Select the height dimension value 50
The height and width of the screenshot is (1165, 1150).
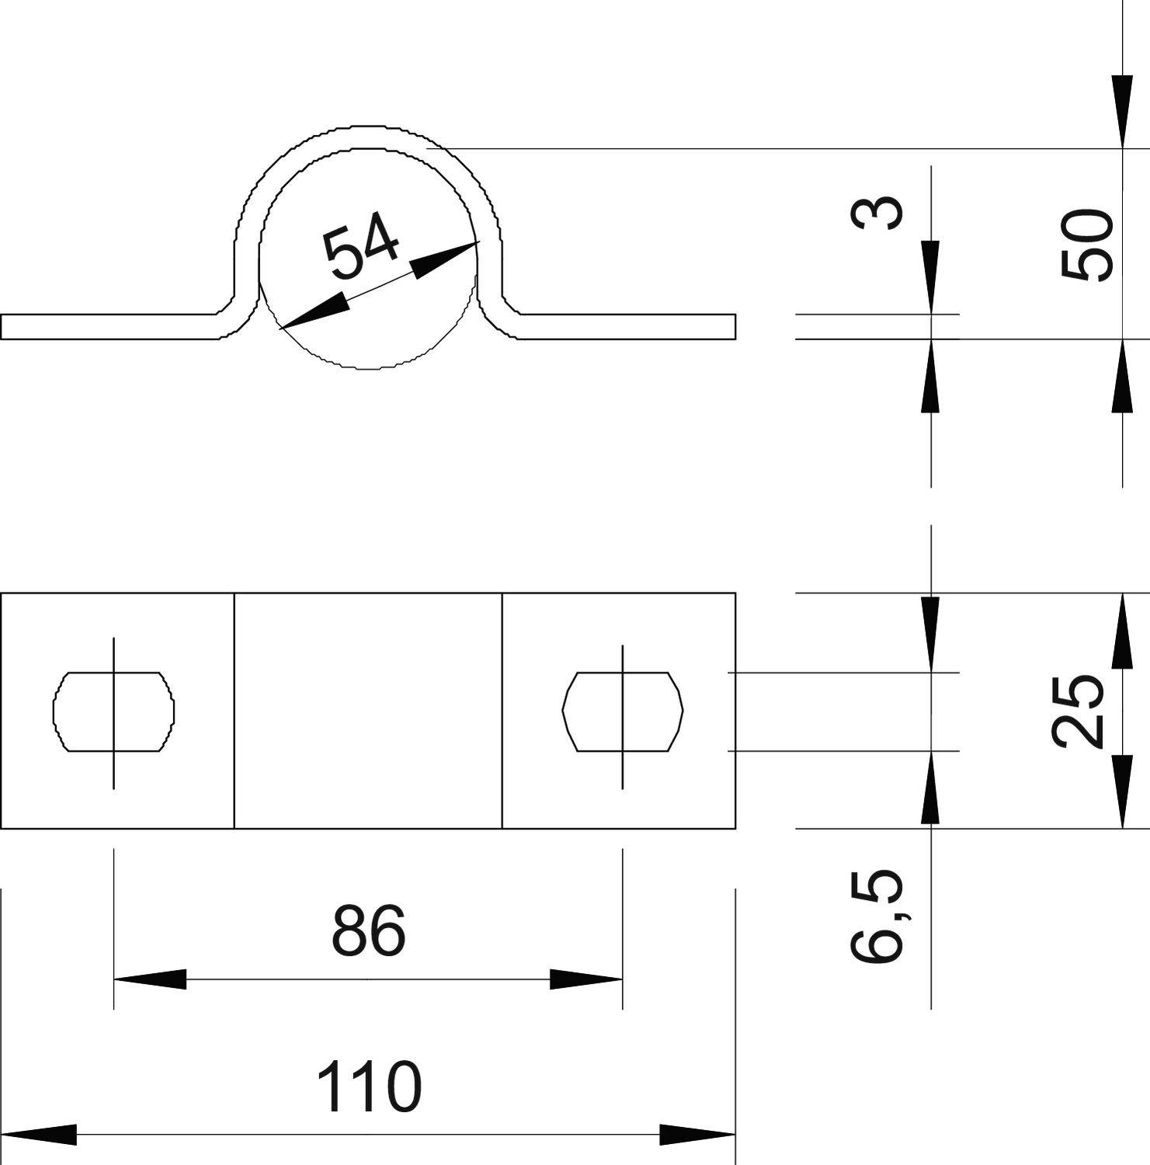click(1087, 245)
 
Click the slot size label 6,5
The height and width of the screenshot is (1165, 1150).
click(877, 916)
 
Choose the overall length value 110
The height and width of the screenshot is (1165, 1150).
click(369, 1087)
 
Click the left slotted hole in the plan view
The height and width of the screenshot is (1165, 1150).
click(113, 711)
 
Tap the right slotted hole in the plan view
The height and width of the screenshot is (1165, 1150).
click(622, 711)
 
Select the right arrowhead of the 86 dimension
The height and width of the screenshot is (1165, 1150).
click(587, 979)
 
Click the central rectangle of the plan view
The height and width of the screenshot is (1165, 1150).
click(368, 711)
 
